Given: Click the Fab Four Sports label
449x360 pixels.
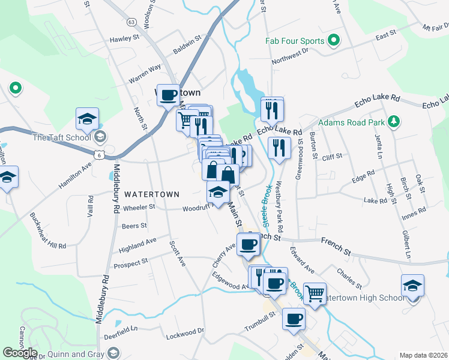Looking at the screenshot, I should coord(295,41).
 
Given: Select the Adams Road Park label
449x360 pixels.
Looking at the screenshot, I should coord(351,122).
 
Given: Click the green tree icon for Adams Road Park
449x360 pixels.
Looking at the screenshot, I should coord(393,122).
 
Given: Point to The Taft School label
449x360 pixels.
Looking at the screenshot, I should coord(61,137).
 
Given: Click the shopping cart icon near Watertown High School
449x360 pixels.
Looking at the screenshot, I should coord(315,293).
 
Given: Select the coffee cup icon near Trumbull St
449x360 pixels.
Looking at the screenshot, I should coord(294,319).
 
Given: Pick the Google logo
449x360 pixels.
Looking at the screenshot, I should coord(19,353).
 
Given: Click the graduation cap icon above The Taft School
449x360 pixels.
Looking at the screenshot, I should coord(87,118).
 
